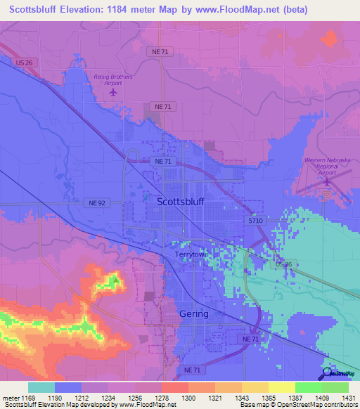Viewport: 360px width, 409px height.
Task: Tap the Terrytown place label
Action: point(190,254)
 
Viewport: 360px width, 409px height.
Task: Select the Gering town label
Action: point(194,314)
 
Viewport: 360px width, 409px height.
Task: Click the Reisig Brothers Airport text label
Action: point(112,79)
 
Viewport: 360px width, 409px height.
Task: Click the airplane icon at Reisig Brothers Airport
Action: point(113,92)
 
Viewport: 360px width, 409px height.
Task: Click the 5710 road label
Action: point(255,220)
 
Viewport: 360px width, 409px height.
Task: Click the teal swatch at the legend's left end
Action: point(41,387)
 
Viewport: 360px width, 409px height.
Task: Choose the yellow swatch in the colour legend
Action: point(281,387)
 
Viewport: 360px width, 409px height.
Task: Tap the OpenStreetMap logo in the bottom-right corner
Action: point(337,373)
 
